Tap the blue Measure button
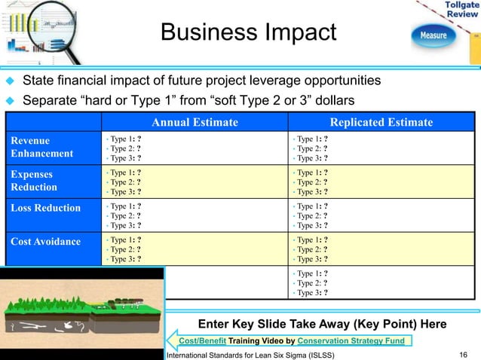pyautogui.click(x=433, y=35)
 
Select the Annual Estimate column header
pyautogui.click(x=195, y=123)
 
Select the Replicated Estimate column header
pyautogui.click(x=381, y=123)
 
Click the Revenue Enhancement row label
pyautogui.click(x=41, y=147)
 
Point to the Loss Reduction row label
pyautogui.click(x=45, y=208)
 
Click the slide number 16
pyautogui.click(x=463, y=353)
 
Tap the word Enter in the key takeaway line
pyautogui.click(x=212, y=324)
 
